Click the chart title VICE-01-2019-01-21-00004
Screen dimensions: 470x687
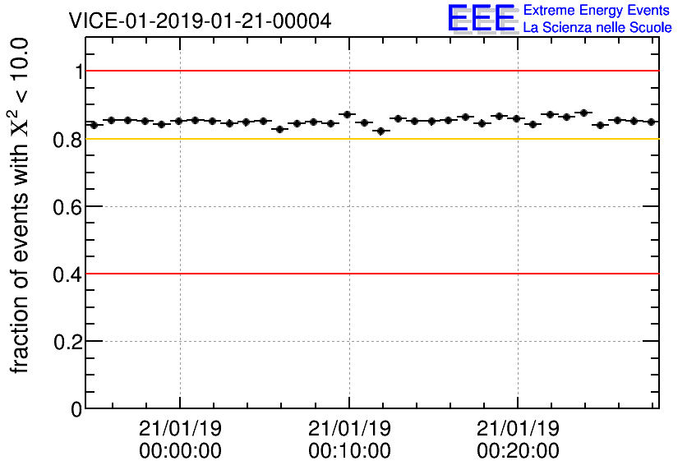point(200,21)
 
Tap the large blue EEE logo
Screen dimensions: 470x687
point(481,18)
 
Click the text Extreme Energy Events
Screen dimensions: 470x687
point(597,11)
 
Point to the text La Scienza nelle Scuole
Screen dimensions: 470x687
point(597,27)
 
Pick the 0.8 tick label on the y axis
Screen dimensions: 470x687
point(68,139)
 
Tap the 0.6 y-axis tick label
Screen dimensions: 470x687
point(68,206)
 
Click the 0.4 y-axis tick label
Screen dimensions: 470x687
point(68,274)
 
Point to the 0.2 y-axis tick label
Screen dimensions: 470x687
point(68,341)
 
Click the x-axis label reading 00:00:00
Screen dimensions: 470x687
point(180,451)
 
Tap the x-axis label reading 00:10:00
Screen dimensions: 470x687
point(349,451)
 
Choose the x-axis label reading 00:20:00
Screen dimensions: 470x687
point(518,451)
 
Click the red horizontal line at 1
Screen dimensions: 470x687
point(370,71)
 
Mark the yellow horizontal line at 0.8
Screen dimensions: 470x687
point(370,138)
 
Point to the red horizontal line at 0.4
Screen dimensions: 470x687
point(370,273)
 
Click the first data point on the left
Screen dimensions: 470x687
point(94,125)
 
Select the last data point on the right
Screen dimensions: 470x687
point(651,122)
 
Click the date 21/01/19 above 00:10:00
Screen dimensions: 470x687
point(349,430)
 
